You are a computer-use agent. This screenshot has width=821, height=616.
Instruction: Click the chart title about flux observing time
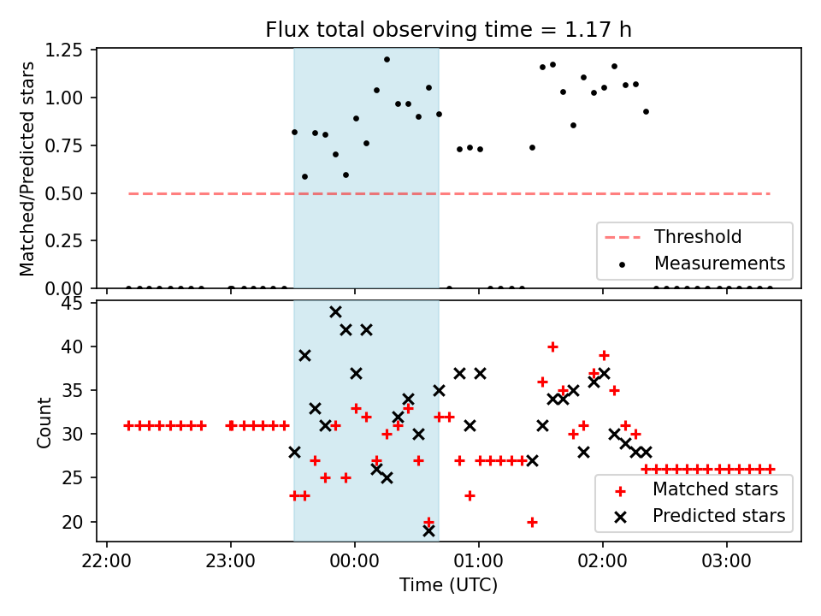coord(448,30)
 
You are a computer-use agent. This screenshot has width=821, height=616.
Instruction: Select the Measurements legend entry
coord(719,263)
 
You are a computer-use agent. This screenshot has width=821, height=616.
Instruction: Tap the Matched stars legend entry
coord(715,490)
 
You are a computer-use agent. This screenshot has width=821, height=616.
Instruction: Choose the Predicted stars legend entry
coord(718,516)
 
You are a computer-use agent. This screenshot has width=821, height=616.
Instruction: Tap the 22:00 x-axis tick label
coord(106,563)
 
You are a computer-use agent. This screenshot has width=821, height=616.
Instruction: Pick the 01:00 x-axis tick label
coord(479,563)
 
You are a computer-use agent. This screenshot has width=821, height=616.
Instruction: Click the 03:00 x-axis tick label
coord(727,563)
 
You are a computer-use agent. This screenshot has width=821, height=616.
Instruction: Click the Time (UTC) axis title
coord(448,586)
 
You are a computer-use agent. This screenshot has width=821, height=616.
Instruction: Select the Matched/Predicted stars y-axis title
coord(27,169)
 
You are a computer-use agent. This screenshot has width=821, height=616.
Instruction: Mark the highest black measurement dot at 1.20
coord(387,60)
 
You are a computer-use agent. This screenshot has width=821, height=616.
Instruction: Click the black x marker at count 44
coord(335,311)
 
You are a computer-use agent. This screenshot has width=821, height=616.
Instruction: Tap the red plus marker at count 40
coord(552,346)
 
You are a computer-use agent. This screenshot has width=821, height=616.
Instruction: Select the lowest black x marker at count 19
coord(428,530)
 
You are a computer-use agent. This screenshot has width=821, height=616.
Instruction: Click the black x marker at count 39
coord(304,355)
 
